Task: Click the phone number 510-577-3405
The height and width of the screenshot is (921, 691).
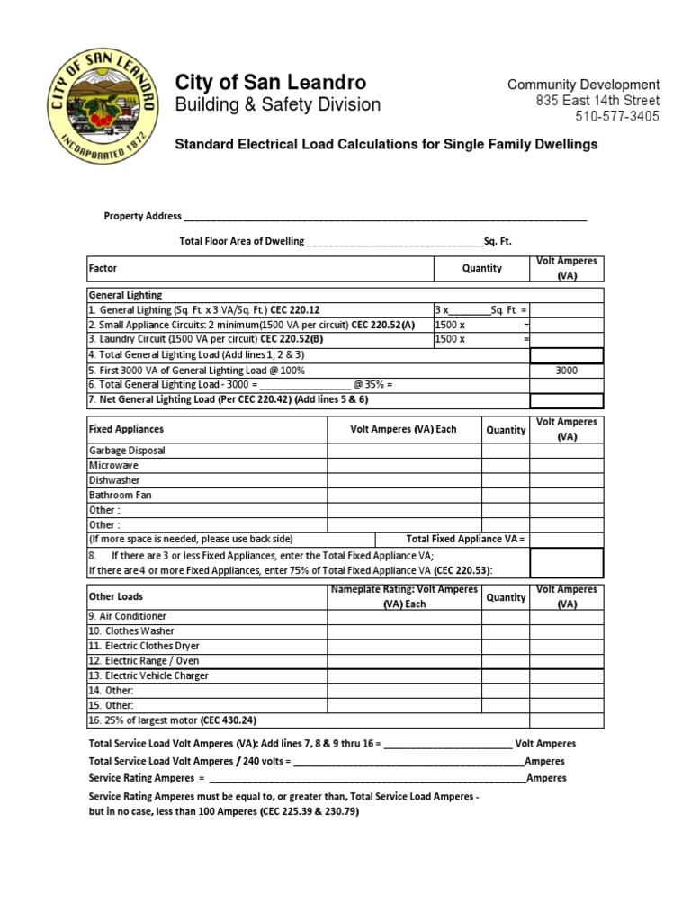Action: point(616,117)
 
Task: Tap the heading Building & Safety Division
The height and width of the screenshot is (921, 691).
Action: point(277,105)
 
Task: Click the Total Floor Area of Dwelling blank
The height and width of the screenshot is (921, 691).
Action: point(394,241)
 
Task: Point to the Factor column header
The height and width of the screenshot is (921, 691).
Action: point(103,268)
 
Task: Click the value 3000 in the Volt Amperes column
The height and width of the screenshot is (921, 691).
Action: point(567,370)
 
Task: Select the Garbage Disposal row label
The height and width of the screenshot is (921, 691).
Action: point(127,451)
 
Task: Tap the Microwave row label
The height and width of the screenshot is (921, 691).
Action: point(113,466)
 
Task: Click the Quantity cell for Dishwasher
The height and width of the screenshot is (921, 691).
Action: point(506,480)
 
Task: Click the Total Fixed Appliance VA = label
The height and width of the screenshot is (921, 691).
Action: point(464,539)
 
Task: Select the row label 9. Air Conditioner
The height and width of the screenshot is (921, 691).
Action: point(127,616)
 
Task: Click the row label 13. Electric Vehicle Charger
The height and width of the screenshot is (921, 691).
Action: point(148,675)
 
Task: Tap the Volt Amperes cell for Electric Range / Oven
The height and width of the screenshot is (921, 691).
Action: point(567,660)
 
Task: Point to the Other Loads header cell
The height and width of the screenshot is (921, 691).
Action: point(115,596)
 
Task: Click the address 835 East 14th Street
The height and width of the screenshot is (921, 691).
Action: point(597,101)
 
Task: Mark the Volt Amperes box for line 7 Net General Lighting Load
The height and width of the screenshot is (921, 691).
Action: point(567,399)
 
